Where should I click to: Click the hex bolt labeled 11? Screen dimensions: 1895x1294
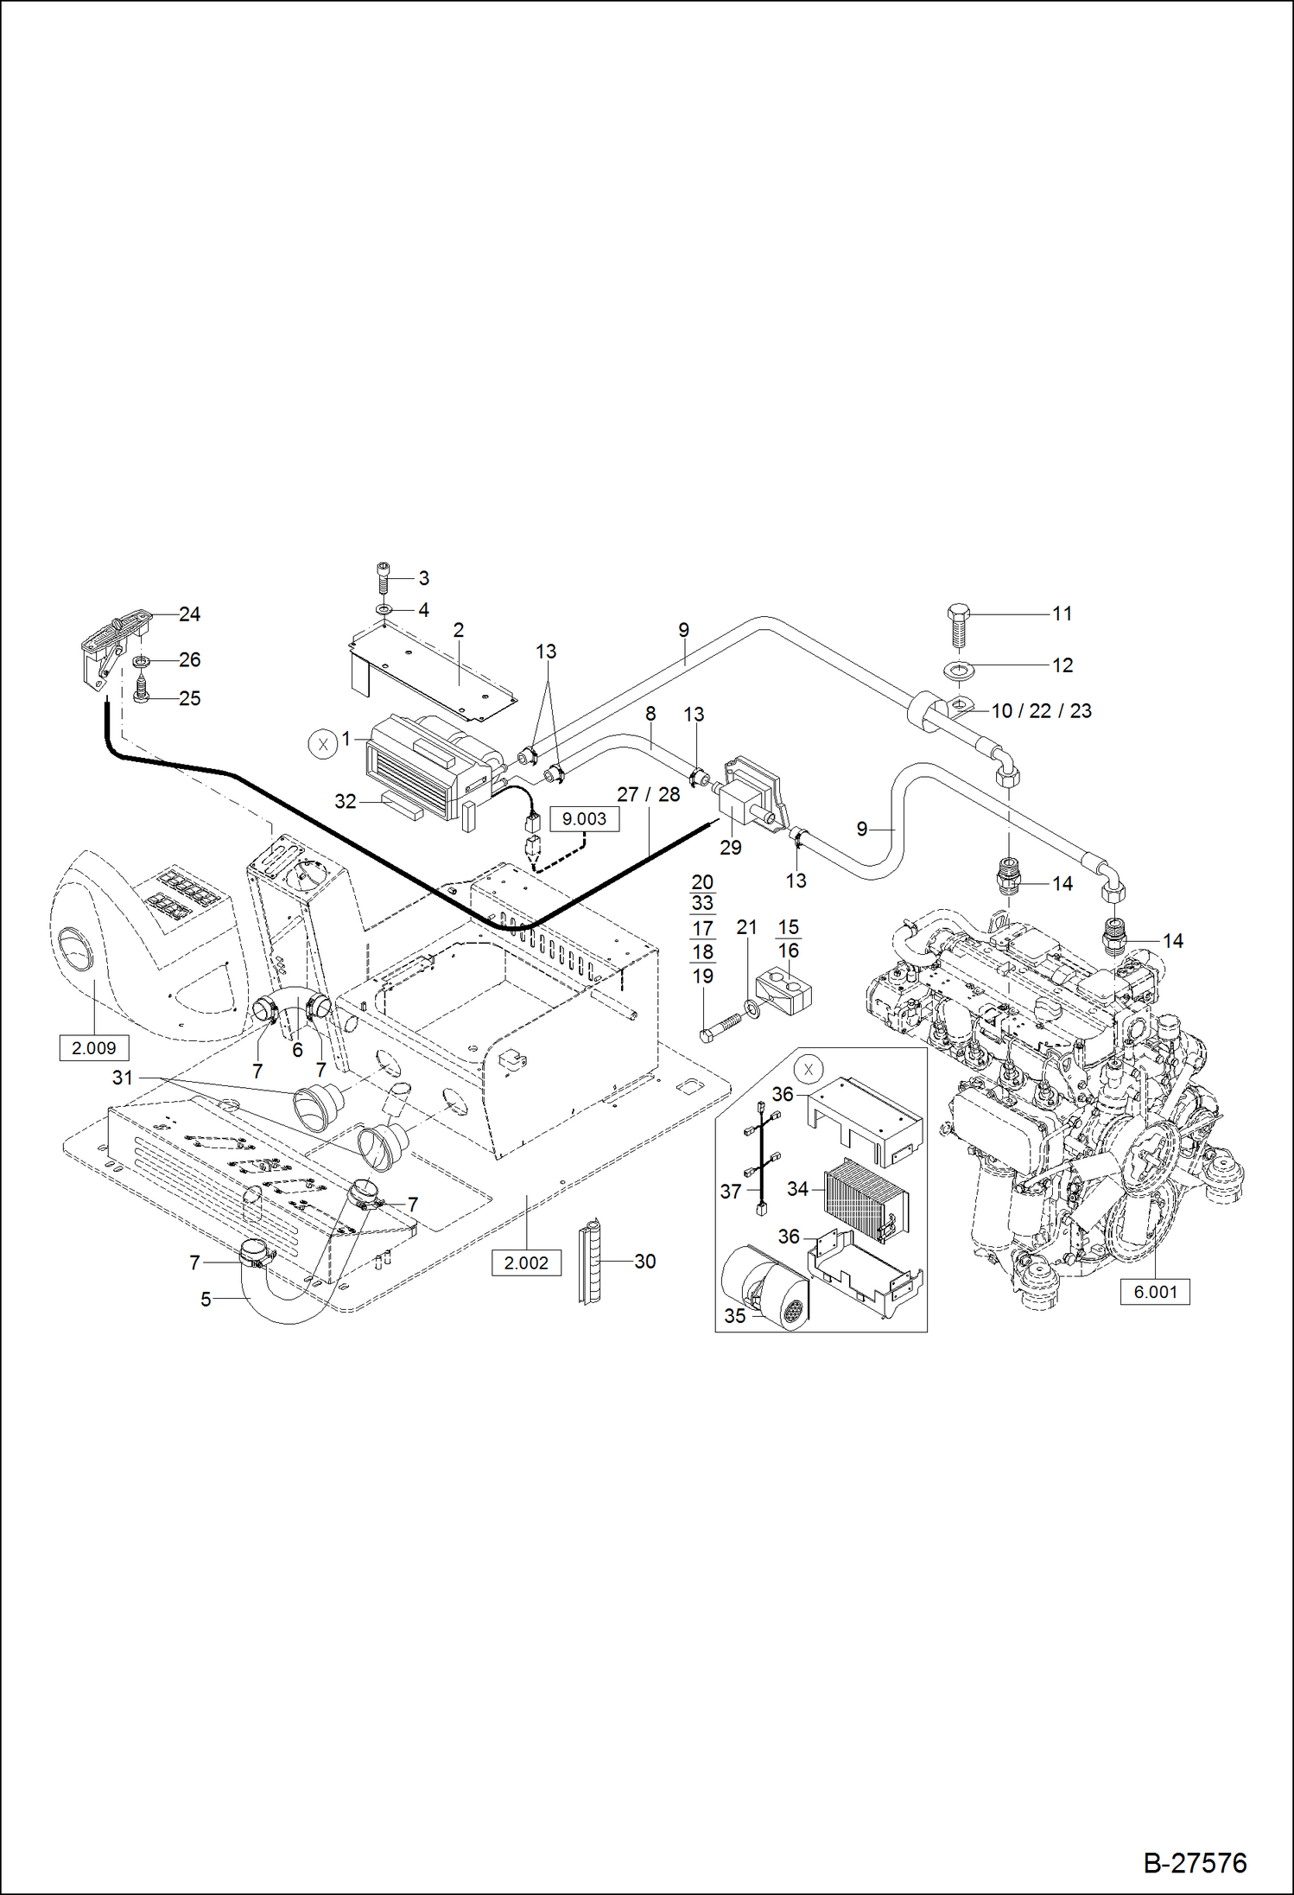click(958, 625)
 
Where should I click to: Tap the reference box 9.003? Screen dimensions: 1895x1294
click(584, 818)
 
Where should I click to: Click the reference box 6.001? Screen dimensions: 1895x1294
click(1154, 1292)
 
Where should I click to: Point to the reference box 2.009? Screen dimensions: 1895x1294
click(93, 1048)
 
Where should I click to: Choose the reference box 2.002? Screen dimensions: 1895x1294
click(526, 1262)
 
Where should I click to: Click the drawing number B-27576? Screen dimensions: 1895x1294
click(1195, 1862)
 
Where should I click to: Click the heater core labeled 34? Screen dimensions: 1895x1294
click(866, 1201)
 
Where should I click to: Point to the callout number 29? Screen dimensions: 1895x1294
click(731, 848)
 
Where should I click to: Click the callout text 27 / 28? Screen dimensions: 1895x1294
click(648, 794)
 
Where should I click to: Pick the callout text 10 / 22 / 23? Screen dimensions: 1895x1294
click(1041, 710)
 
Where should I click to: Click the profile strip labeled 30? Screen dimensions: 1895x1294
click(591, 1262)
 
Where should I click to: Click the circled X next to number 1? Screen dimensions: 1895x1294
click(322, 743)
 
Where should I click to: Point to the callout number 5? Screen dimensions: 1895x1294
click(206, 1300)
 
